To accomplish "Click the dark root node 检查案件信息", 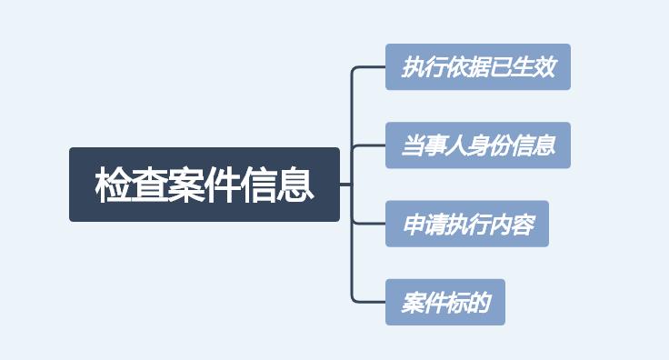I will click(x=205, y=185).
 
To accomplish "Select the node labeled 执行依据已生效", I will click(x=478, y=67).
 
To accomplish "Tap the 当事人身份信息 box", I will click(x=478, y=145).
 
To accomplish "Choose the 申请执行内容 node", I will click(x=467, y=224).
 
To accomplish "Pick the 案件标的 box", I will click(x=445, y=302).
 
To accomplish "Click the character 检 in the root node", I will click(x=113, y=185).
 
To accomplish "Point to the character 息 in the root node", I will click(x=296, y=185).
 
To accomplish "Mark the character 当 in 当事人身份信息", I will click(x=414, y=145).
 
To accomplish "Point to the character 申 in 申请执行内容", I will click(x=414, y=224).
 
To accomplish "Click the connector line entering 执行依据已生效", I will click(x=369, y=67).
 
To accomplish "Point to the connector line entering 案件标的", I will click(x=369, y=301).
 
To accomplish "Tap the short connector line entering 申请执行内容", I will click(x=369, y=224).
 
